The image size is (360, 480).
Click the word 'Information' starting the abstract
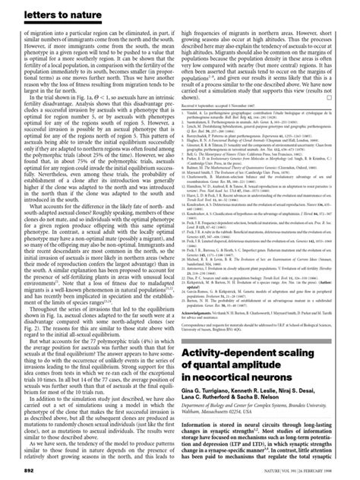tap(205, 423)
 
